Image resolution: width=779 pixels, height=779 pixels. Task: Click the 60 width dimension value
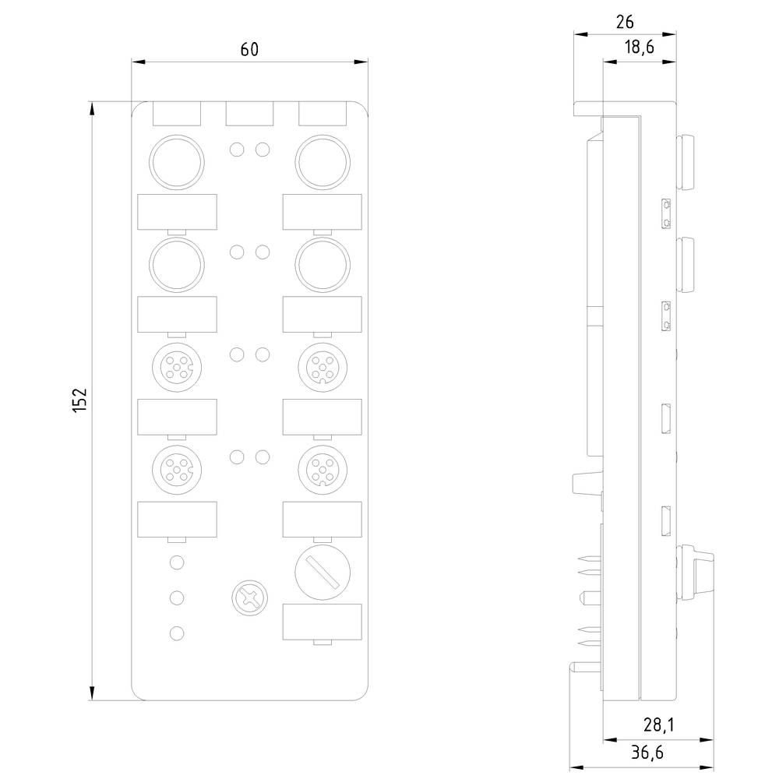(x=249, y=50)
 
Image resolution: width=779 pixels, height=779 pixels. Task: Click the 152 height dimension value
(x=80, y=400)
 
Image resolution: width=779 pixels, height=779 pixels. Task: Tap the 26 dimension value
(x=625, y=22)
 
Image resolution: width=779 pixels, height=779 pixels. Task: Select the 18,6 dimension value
(x=639, y=48)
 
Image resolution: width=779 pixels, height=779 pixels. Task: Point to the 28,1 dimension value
(x=658, y=725)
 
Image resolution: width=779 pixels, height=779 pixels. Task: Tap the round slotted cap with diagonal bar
(x=322, y=570)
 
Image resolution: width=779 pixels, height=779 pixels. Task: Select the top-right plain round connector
(x=322, y=161)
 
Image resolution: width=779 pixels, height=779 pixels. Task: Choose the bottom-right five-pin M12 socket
(x=322, y=467)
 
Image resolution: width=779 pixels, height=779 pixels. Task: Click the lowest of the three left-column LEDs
(x=178, y=633)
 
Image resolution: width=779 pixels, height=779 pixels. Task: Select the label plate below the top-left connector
(x=177, y=211)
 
